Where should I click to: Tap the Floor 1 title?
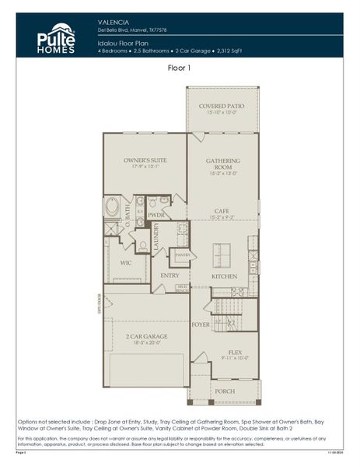[180, 68]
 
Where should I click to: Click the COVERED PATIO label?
[222, 105]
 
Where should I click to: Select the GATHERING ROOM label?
[222, 163]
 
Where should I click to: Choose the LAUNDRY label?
[156, 237]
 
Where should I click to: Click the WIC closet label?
[125, 262]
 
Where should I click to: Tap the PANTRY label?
[182, 255]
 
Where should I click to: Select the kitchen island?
[222, 252]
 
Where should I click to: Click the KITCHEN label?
[225, 276]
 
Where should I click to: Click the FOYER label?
[201, 324]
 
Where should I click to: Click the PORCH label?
[225, 392]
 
